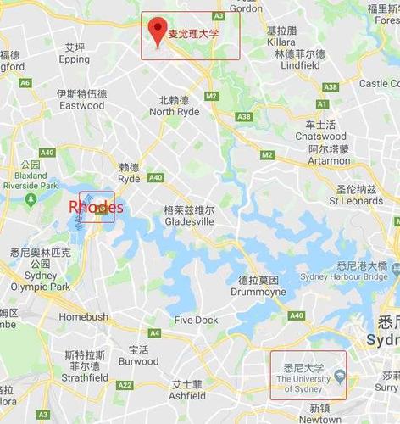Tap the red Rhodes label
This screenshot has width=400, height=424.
click(96, 207)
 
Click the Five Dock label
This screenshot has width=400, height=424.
click(197, 320)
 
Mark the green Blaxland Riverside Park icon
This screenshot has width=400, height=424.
click(31, 198)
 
